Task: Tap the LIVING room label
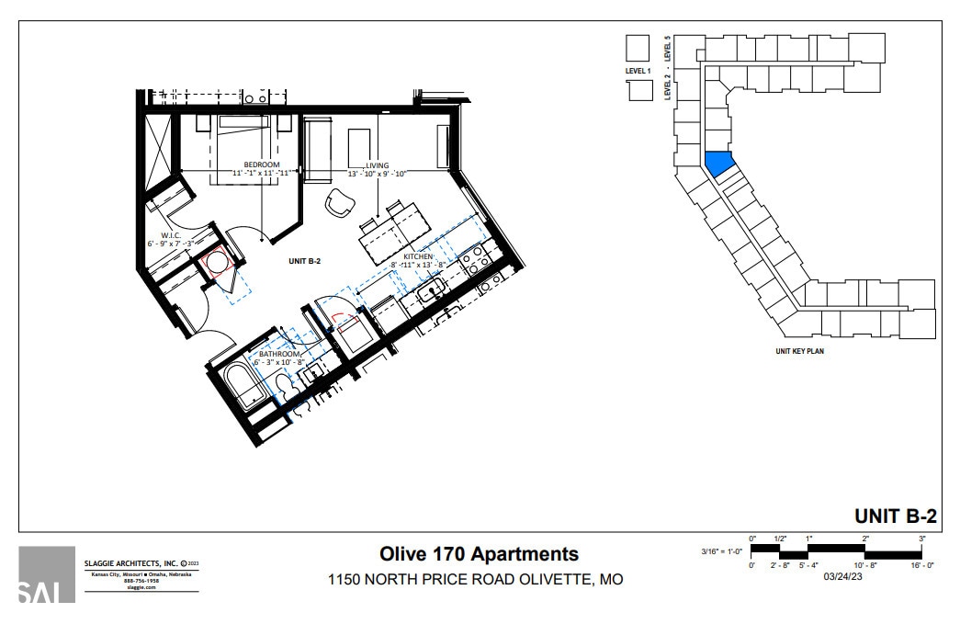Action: tap(377, 165)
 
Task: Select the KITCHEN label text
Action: tap(418, 257)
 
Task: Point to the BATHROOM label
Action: tap(279, 354)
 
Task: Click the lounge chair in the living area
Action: tap(341, 203)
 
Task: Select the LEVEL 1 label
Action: tap(636, 70)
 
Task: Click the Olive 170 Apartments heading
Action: tap(479, 553)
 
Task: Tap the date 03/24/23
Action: tap(842, 577)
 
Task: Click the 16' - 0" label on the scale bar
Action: tap(920, 565)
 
